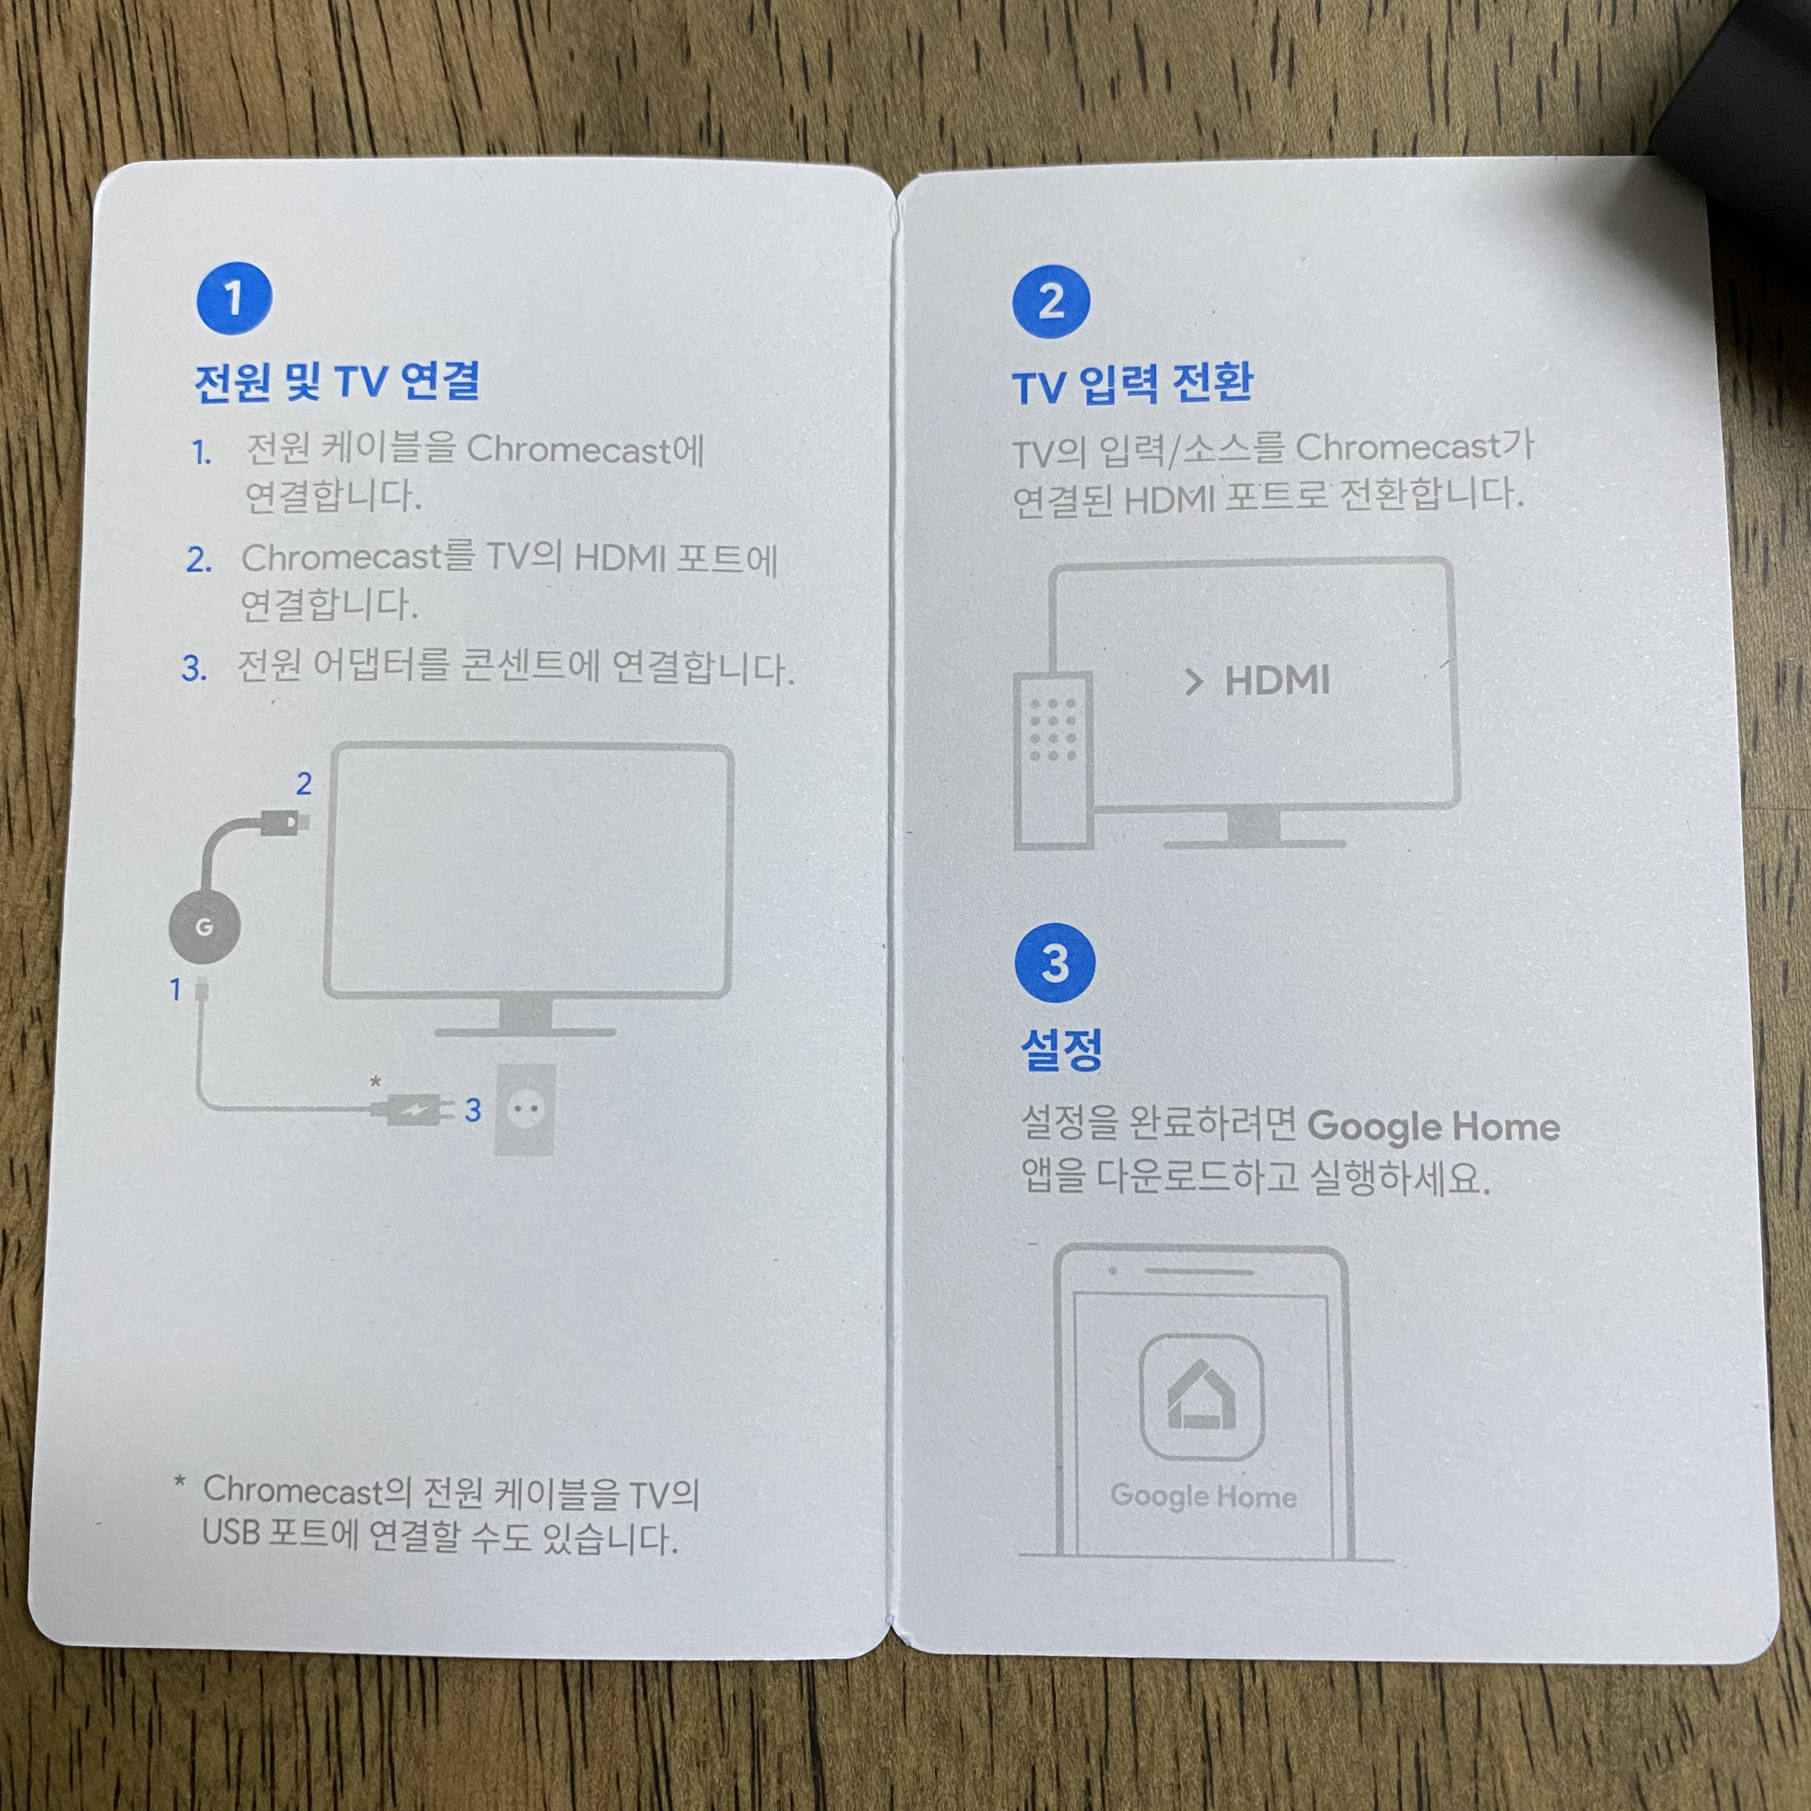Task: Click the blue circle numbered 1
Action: pyautogui.click(x=234, y=299)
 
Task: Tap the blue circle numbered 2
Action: pyautogui.click(x=1051, y=301)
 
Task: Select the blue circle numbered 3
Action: pyautogui.click(x=1055, y=962)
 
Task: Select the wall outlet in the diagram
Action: pyautogui.click(x=525, y=1110)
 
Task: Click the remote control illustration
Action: pyautogui.click(x=1053, y=759)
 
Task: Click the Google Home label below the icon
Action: pyautogui.click(x=1204, y=1496)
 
